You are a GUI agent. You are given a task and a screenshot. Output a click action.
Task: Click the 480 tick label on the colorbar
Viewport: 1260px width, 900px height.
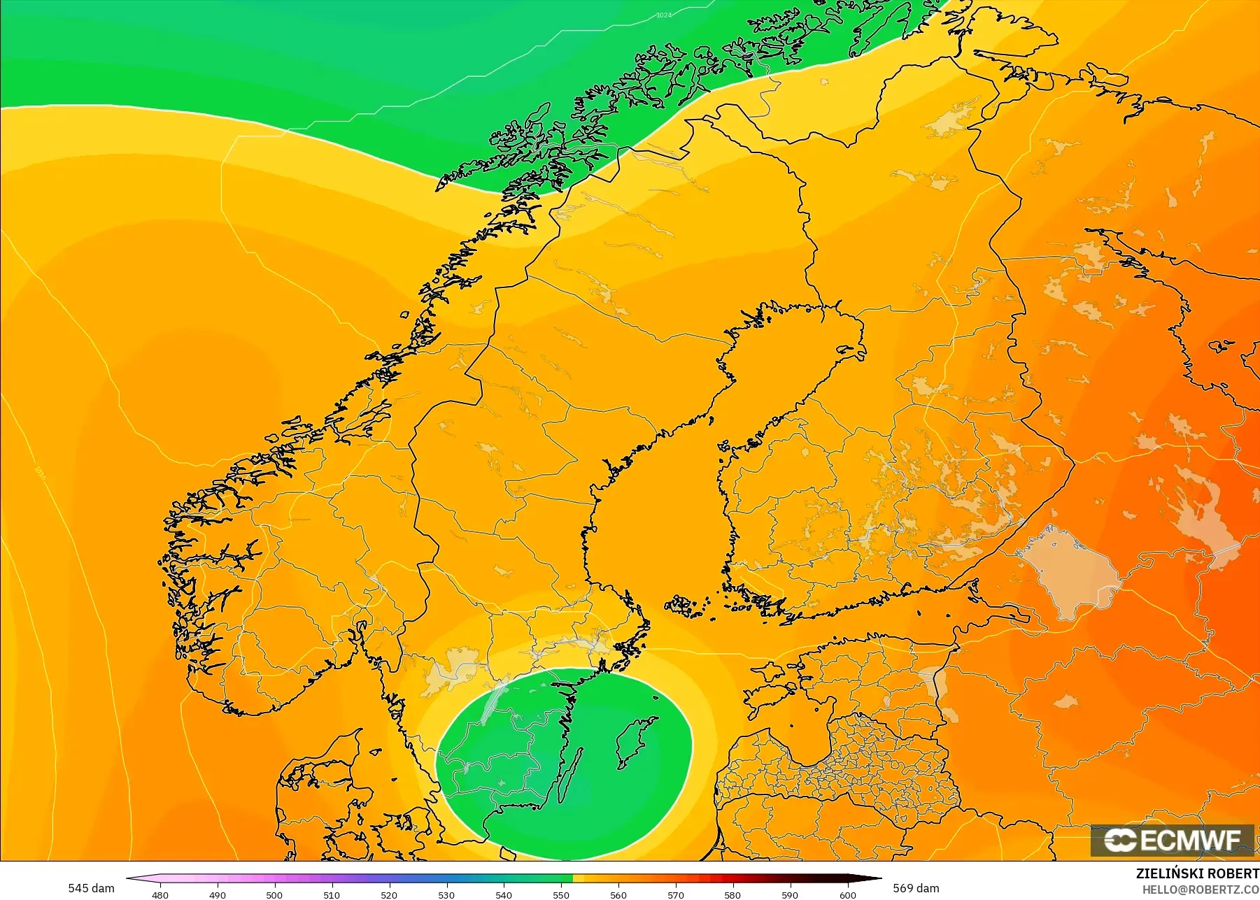click(160, 894)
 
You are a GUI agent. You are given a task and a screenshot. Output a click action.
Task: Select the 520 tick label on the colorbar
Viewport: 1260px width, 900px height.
click(389, 894)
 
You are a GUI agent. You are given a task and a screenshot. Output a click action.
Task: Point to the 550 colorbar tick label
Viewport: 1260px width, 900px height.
click(561, 894)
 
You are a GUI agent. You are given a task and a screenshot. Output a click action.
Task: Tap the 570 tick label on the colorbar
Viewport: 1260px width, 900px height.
click(675, 894)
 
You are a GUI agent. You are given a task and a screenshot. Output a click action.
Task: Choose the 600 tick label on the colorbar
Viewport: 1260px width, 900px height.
click(847, 894)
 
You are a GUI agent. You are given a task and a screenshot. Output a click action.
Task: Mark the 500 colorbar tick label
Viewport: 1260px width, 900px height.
click(274, 894)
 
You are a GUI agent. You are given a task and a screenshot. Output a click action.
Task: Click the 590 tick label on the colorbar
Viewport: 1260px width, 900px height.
click(790, 894)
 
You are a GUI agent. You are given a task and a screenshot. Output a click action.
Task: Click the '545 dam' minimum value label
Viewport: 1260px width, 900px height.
click(91, 888)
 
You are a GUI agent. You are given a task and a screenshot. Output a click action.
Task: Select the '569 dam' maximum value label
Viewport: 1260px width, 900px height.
click(916, 888)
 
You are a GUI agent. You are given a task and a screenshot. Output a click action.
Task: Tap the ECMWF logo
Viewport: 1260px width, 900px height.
click(1172, 840)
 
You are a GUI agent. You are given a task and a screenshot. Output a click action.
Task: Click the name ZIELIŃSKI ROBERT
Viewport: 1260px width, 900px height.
click(1197, 873)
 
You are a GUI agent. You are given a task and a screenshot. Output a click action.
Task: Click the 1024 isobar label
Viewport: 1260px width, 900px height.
click(664, 15)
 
